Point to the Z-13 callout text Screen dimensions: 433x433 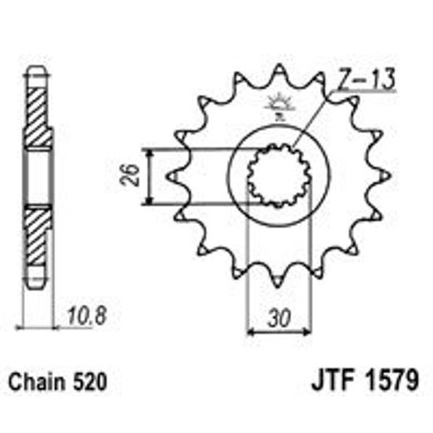coord(367,81)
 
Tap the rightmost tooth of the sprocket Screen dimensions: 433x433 coord(386,177)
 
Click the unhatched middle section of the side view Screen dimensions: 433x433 coord(37,177)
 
